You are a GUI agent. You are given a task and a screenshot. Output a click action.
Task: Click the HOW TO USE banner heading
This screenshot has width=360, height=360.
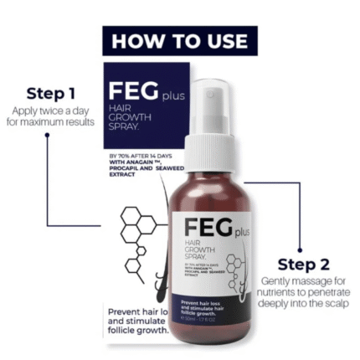[x=179, y=40]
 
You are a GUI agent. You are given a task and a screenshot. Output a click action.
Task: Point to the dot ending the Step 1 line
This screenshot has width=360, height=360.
[x=47, y=134]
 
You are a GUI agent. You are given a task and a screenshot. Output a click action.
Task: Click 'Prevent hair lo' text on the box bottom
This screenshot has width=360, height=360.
[x=137, y=313]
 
